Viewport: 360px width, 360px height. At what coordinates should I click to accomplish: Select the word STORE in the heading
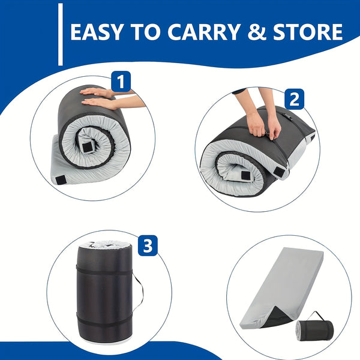tap(308, 32)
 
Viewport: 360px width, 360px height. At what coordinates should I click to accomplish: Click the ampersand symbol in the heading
tap(257, 32)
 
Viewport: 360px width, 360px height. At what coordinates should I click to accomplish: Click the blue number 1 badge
tap(121, 81)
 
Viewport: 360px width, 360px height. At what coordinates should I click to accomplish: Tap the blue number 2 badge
tap(295, 99)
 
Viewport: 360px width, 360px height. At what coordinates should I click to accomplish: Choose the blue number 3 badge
tap(148, 245)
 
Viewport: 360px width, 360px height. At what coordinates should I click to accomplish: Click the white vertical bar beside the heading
tap(61, 34)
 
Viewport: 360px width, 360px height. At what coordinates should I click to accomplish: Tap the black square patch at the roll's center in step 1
tap(87, 148)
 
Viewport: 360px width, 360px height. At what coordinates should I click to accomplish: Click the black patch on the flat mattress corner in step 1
tap(61, 180)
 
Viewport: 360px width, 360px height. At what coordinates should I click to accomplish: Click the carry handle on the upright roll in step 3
tap(139, 292)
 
